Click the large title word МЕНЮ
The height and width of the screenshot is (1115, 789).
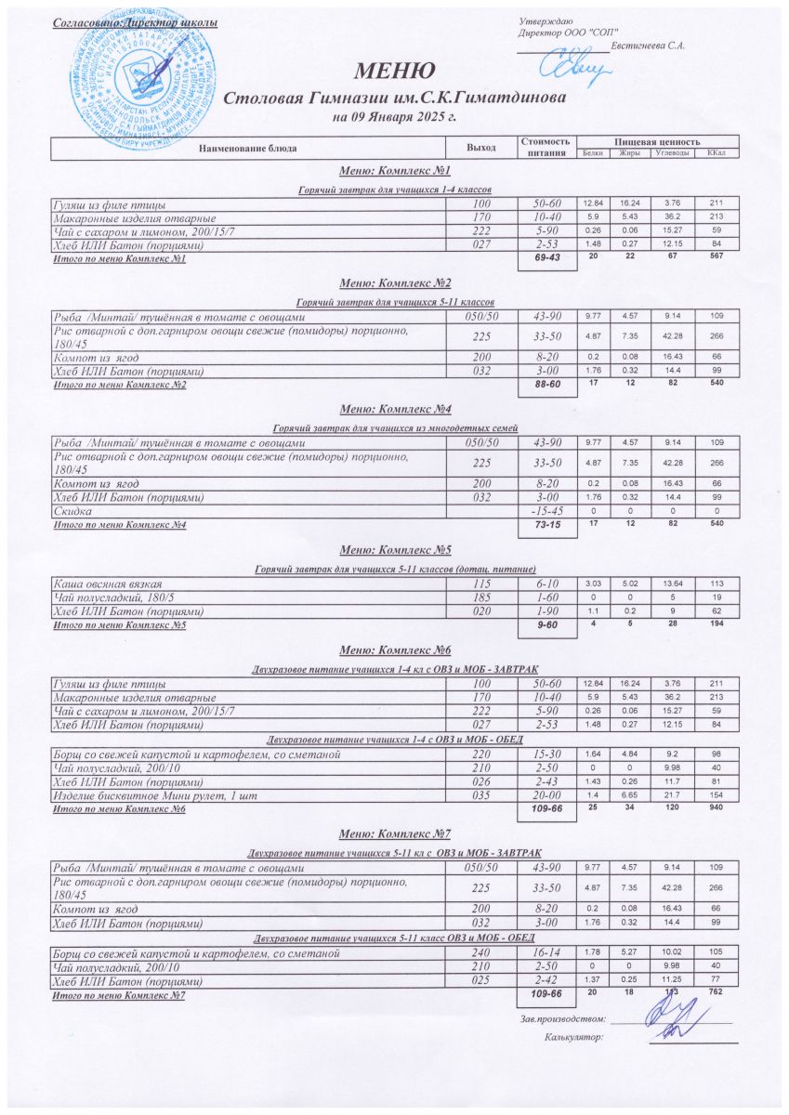[x=394, y=72]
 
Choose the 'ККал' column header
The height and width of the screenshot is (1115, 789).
[x=716, y=152]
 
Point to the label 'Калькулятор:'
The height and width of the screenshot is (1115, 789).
[x=574, y=1036]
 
